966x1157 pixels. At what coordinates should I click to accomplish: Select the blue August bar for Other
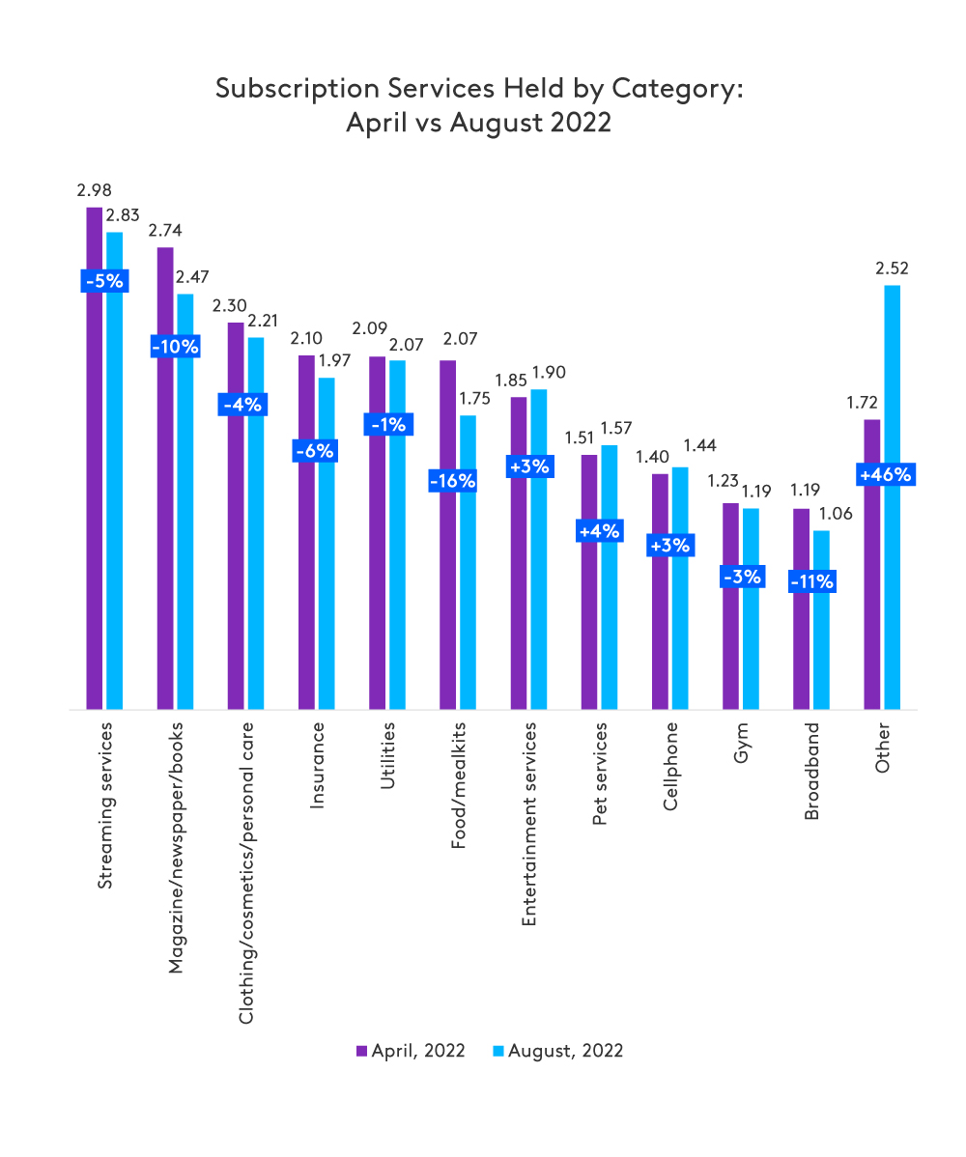pos(892,579)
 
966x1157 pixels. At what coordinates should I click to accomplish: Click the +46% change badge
pos(882,474)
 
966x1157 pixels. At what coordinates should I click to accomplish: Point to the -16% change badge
pos(453,481)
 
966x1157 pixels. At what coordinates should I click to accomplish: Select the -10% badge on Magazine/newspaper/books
pos(176,346)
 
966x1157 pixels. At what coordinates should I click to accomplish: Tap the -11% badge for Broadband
pos(811,582)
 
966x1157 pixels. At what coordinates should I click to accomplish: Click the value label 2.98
pos(95,190)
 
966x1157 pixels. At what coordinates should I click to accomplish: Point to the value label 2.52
pos(892,268)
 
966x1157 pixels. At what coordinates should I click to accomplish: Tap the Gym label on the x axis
pos(741,744)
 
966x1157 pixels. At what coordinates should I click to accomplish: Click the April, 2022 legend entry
pos(411,1051)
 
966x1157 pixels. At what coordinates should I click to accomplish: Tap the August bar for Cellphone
pos(680,588)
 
